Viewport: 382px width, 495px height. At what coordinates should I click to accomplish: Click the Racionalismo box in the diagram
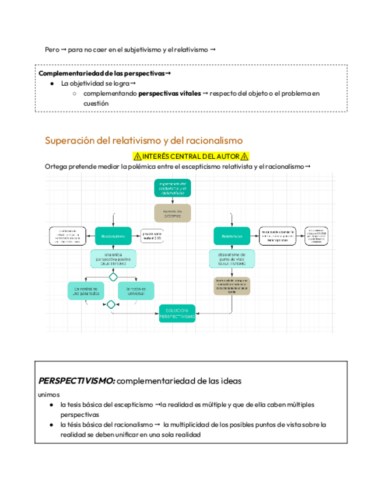point(113,236)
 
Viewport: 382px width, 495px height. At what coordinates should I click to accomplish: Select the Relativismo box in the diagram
point(232,236)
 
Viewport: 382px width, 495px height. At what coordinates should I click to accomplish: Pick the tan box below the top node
point(173,213)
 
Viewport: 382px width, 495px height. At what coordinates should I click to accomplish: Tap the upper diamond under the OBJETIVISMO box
point(113,277)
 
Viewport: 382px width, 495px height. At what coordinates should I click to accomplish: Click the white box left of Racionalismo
point(65,236)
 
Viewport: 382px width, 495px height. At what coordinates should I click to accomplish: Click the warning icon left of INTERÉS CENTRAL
point(137,156)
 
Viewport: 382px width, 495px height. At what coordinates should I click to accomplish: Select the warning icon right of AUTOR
point(245,156)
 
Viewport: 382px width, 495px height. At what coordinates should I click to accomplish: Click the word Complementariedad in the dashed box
point(68,74)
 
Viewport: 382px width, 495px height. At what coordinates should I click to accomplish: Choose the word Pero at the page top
point(52,50)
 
